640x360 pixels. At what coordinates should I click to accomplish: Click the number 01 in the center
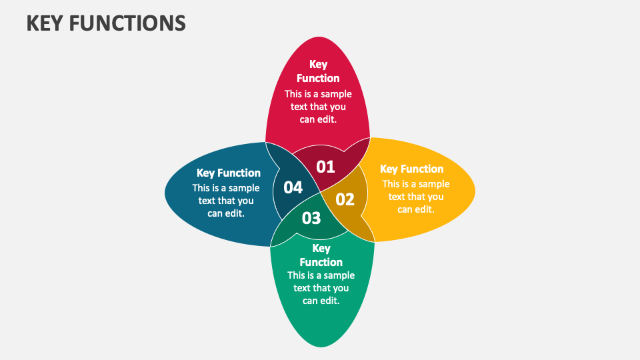click(325, 167)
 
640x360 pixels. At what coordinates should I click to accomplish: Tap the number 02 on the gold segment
click(345, 199)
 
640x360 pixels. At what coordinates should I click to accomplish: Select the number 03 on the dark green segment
click(311, 218)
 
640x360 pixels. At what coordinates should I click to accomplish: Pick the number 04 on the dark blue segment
click(293, 187)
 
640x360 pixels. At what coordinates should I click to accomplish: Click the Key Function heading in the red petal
click(318, 71)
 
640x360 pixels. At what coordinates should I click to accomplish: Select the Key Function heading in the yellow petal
click(411, 169)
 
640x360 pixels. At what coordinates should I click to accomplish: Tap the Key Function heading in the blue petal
click(229, 173)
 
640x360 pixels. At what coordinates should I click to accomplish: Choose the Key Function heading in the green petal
click(321, 255)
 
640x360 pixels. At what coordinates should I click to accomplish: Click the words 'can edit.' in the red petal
click(318, 119)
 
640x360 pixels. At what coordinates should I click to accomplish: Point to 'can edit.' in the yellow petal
click(416, 209)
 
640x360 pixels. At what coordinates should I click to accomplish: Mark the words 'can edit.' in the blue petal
click(226, 213)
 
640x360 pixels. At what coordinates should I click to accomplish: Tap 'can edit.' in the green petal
click(321, 301)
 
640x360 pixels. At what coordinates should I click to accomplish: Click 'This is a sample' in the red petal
click(318, 94)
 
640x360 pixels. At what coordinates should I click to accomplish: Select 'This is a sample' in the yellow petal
click(416, 184)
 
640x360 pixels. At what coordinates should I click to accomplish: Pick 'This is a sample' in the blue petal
click(226, 188)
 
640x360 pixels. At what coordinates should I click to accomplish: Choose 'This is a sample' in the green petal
click(321, 275)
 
